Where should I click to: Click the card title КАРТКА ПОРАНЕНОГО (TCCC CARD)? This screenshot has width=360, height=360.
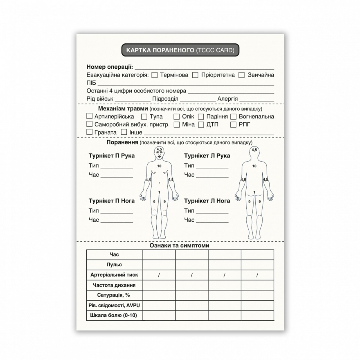pos(180,50)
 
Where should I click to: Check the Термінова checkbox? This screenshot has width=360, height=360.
pos(154,75)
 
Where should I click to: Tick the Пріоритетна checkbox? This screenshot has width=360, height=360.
pos(195,75)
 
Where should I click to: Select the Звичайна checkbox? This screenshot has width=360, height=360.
pos(241,75)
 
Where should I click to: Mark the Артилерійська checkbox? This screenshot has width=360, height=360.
pos(89,116)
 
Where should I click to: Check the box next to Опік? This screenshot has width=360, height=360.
pos(177,116)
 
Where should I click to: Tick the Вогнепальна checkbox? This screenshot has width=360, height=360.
pos(234,116)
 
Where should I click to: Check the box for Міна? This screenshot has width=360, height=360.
pos(177,124)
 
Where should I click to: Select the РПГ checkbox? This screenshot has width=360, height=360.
pos(234,124)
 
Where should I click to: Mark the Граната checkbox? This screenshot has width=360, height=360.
pos(89,132)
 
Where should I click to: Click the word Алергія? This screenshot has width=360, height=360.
pos(227,99)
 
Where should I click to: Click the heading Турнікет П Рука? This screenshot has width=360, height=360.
pos(112,156)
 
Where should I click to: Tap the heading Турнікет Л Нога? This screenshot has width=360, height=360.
pos(207,201)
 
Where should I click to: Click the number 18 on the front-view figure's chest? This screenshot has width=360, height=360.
pos(159,166)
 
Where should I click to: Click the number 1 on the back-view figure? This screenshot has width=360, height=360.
pos(254,192)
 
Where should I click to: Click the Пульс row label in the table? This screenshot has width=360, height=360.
pos(114,265)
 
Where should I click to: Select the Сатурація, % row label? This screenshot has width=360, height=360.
pos(114,295)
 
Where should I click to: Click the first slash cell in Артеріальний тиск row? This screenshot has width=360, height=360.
pos(159,275)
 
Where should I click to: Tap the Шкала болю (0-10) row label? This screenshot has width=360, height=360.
pos(114,316)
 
